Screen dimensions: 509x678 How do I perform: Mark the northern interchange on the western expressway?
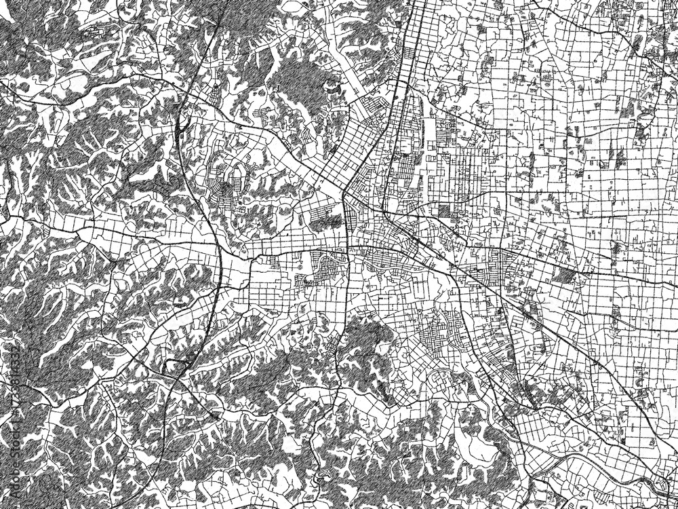click(x=181, y=126)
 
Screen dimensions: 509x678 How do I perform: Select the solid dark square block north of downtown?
click(x=443, y=211)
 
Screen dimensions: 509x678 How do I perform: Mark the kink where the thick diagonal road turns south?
click(x=345, y=193)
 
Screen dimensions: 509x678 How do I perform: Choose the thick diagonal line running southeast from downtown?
click(x=488, y=285)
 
